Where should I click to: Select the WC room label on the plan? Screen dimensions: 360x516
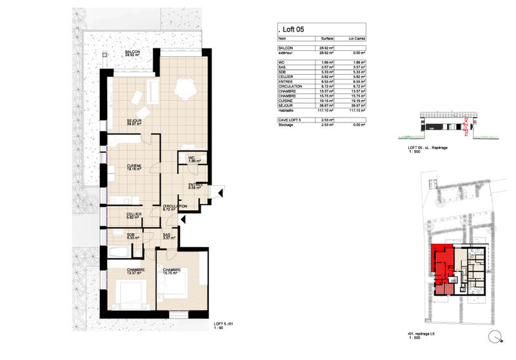(192, 159)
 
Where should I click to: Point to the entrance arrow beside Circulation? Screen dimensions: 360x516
(184, 219)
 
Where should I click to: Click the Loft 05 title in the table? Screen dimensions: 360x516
(292, 29)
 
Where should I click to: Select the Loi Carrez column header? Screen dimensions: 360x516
(355, 39)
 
